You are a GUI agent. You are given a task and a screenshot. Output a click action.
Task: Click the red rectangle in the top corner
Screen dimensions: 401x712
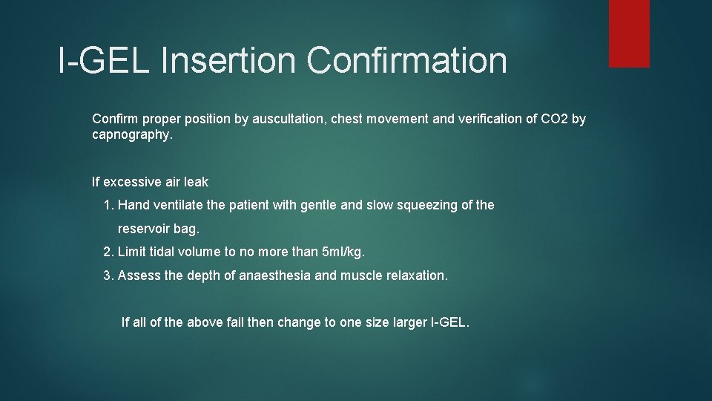pos(629,33)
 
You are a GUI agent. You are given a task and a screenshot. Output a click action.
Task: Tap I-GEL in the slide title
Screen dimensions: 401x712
pos(103,61)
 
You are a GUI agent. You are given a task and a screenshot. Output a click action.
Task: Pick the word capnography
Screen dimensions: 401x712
pos(131,136)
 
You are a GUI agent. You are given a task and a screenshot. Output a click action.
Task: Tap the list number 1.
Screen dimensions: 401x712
pos(108,204)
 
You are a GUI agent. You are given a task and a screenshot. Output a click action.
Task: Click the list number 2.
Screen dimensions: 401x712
pos(108,252)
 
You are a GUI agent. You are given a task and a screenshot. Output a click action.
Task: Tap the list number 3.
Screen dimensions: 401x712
pos(108,276)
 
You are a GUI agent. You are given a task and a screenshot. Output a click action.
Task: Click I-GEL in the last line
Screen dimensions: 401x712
pos(449,322)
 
